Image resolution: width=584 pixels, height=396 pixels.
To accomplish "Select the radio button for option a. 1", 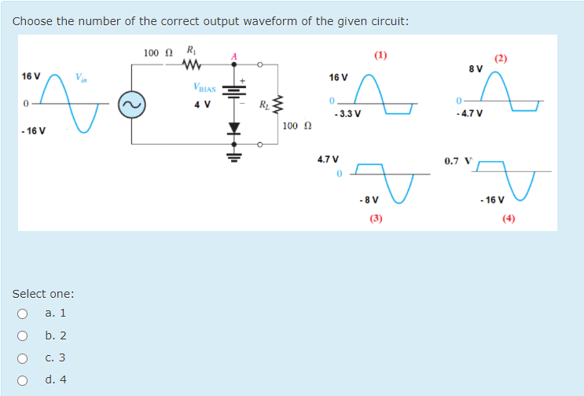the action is (22, 313).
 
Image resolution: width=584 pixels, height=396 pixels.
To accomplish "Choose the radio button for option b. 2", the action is (22, 335).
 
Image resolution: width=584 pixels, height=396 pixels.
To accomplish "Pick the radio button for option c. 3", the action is (22, 357).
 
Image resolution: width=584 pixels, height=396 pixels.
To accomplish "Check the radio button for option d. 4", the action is (22, 379).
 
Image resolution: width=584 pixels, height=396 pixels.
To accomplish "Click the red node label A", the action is (233, 54).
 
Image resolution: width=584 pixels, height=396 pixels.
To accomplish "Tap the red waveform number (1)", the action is (381, 55).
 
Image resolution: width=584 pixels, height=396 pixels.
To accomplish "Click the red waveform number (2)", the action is (501, 58).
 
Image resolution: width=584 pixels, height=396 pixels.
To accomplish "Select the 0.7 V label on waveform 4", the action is (458, 161).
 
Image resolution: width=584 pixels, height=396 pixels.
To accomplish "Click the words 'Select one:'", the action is (43, 294).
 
